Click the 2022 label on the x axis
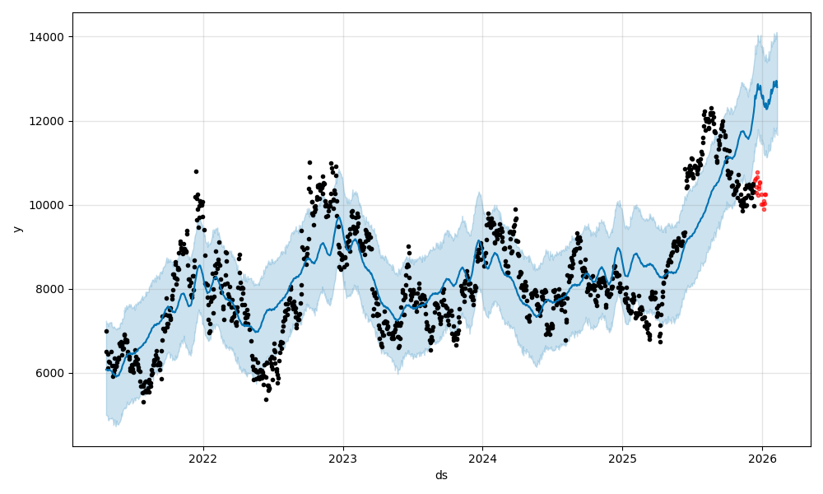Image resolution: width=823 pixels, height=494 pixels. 203,458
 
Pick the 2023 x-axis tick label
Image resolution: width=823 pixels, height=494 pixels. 343,458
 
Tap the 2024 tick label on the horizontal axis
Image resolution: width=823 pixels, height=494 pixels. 482,458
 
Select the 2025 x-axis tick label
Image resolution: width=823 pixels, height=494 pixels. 622,458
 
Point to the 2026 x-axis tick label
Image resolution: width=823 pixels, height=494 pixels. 762,458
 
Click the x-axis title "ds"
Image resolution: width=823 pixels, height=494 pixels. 441,475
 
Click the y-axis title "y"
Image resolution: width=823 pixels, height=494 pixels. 16,229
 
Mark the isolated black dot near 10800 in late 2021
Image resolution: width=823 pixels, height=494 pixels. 196,171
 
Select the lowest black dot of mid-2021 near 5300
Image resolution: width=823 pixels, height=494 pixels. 143,402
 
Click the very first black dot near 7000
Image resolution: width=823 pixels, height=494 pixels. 106,331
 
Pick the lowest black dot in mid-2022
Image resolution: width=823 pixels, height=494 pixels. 266,399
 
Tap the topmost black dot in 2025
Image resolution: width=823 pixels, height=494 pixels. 711,108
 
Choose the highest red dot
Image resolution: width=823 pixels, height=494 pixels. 757,172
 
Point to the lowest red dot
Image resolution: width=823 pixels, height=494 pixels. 764,209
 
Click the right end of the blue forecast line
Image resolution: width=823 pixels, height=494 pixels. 777,82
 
